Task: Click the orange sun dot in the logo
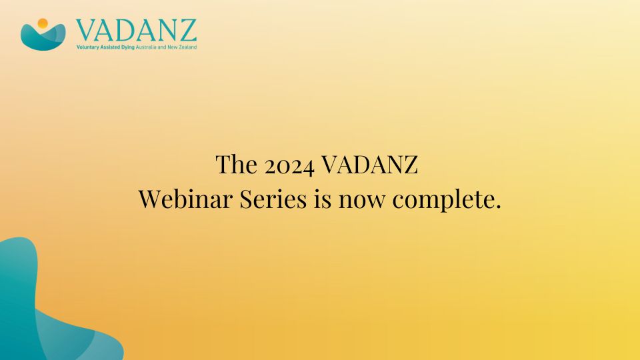click(43, 23)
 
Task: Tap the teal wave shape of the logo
click(43, 38)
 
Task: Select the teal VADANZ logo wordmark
click(136, 31)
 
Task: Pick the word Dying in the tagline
click(128, 47)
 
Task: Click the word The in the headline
click(236, 164)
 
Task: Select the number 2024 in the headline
click(289, 165)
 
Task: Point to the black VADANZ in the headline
click(370, 164)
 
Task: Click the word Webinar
click(186, 199)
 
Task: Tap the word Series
click(273, 199)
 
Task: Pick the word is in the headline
click(323, 199)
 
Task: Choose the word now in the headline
click(361, 201)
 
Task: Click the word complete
click(443, 200)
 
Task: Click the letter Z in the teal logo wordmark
click(187, 31)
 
